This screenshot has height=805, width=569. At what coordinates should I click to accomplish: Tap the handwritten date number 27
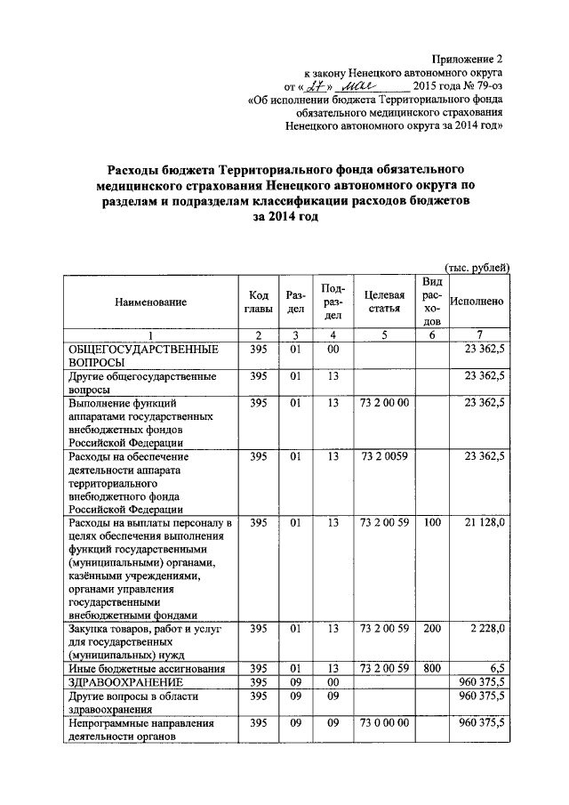[x=318, y=87]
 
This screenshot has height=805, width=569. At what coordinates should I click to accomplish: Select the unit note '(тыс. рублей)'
[x=477, y=267]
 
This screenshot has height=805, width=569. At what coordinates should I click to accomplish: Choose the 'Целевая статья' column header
[x=384, y=302]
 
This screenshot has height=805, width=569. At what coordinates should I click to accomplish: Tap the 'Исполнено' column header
[x=477, y=302]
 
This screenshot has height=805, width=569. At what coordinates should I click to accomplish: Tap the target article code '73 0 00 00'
[x=384, y=724]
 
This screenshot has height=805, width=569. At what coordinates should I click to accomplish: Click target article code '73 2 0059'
[x=384, y=456]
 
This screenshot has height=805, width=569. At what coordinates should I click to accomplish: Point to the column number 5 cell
[x=384, y=334]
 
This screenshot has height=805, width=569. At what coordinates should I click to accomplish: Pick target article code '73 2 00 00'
[x=384, y=404]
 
